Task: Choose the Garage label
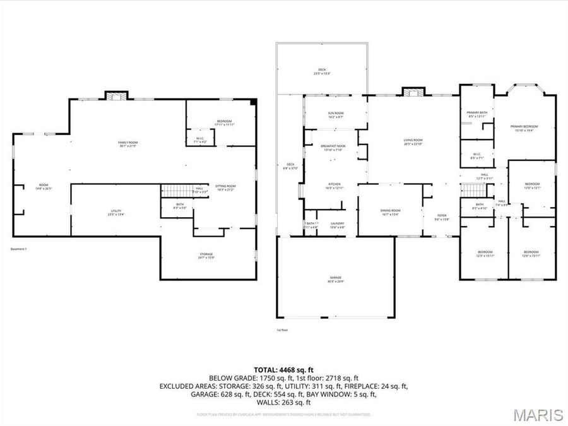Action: (336, 278)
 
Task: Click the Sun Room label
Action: (335, 115)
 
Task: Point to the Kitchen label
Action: (334, 186)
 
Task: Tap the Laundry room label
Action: (336, 225)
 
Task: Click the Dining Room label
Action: (391, 212)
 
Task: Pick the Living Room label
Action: (413, 141)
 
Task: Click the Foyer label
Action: (443, 217)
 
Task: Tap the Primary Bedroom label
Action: (524, 128)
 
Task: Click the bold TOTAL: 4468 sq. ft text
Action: (283, 370)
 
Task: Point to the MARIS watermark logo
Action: (538, 415)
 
